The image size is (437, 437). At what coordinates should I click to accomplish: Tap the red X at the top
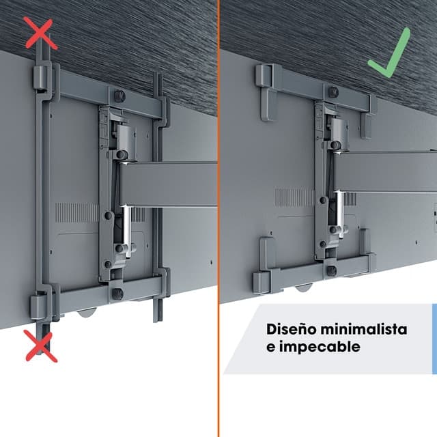coord(41,33)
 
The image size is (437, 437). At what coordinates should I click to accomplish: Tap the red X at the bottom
coord(41,346)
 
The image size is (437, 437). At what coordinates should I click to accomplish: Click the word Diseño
coord(292,329)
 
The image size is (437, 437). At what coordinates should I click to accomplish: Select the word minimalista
coord(364,329)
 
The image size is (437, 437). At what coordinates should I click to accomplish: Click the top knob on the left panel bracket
coord(119,96)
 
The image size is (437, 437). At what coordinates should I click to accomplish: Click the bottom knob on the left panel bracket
coord(118,294)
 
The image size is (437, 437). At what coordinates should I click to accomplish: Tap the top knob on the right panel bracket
coord(333,92)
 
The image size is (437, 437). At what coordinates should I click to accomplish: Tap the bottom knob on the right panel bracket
coord(331,271)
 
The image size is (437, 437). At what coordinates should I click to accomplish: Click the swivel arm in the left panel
coord(168,184)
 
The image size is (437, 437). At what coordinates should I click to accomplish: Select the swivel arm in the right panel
coord(384,171)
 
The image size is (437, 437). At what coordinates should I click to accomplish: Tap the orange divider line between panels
coord(218,218)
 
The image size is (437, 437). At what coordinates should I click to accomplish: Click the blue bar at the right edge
coord(434,339)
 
